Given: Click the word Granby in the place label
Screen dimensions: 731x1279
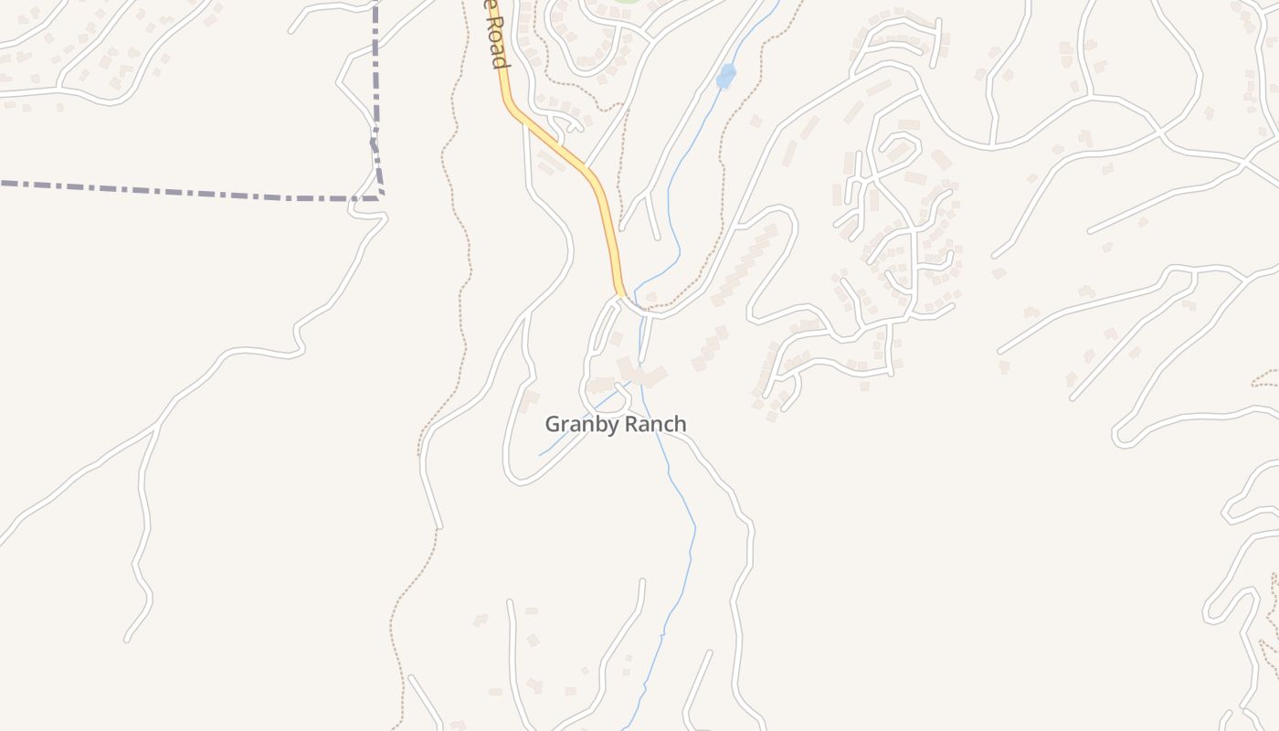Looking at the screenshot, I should coord(576,425).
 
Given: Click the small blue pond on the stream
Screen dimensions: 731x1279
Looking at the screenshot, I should coord(726,76).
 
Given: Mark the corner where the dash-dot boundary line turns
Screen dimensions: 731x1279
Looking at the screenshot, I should coord(380,196).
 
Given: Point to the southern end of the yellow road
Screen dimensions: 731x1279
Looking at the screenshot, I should coord(621,294).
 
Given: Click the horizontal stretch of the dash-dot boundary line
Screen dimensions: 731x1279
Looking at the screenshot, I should coord(183,191).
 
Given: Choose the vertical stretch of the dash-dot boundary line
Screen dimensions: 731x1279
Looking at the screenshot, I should coord(375,73).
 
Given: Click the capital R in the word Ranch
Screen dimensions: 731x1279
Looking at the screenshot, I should coord(630,425).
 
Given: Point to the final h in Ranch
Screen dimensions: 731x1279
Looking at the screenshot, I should coord(680,425).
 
